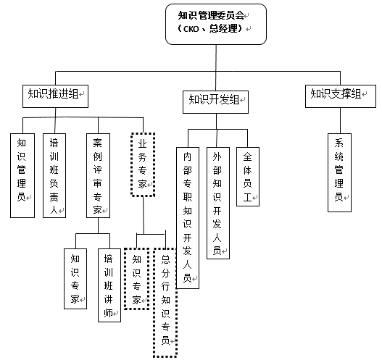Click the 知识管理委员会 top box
[216, 24]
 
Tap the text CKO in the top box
[191, 29]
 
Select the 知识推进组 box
[55, 96]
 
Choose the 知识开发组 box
[215, 102]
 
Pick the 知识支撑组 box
[341, 96]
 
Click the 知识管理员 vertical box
[22, 175]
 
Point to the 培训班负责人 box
[54, 175]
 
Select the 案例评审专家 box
[98, 175]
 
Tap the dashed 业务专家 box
[143, 164]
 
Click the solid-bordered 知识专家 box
[75, 279]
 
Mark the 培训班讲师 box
[109, 285]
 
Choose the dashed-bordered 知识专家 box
[137, 279]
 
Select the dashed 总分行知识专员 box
[165, 303]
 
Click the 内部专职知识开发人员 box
[188, 218]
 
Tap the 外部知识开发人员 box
[218, 203]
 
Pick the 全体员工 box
[248, 177]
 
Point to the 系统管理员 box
[340, 172]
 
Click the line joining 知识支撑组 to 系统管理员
[341, 120]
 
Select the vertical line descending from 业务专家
[144, 215]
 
